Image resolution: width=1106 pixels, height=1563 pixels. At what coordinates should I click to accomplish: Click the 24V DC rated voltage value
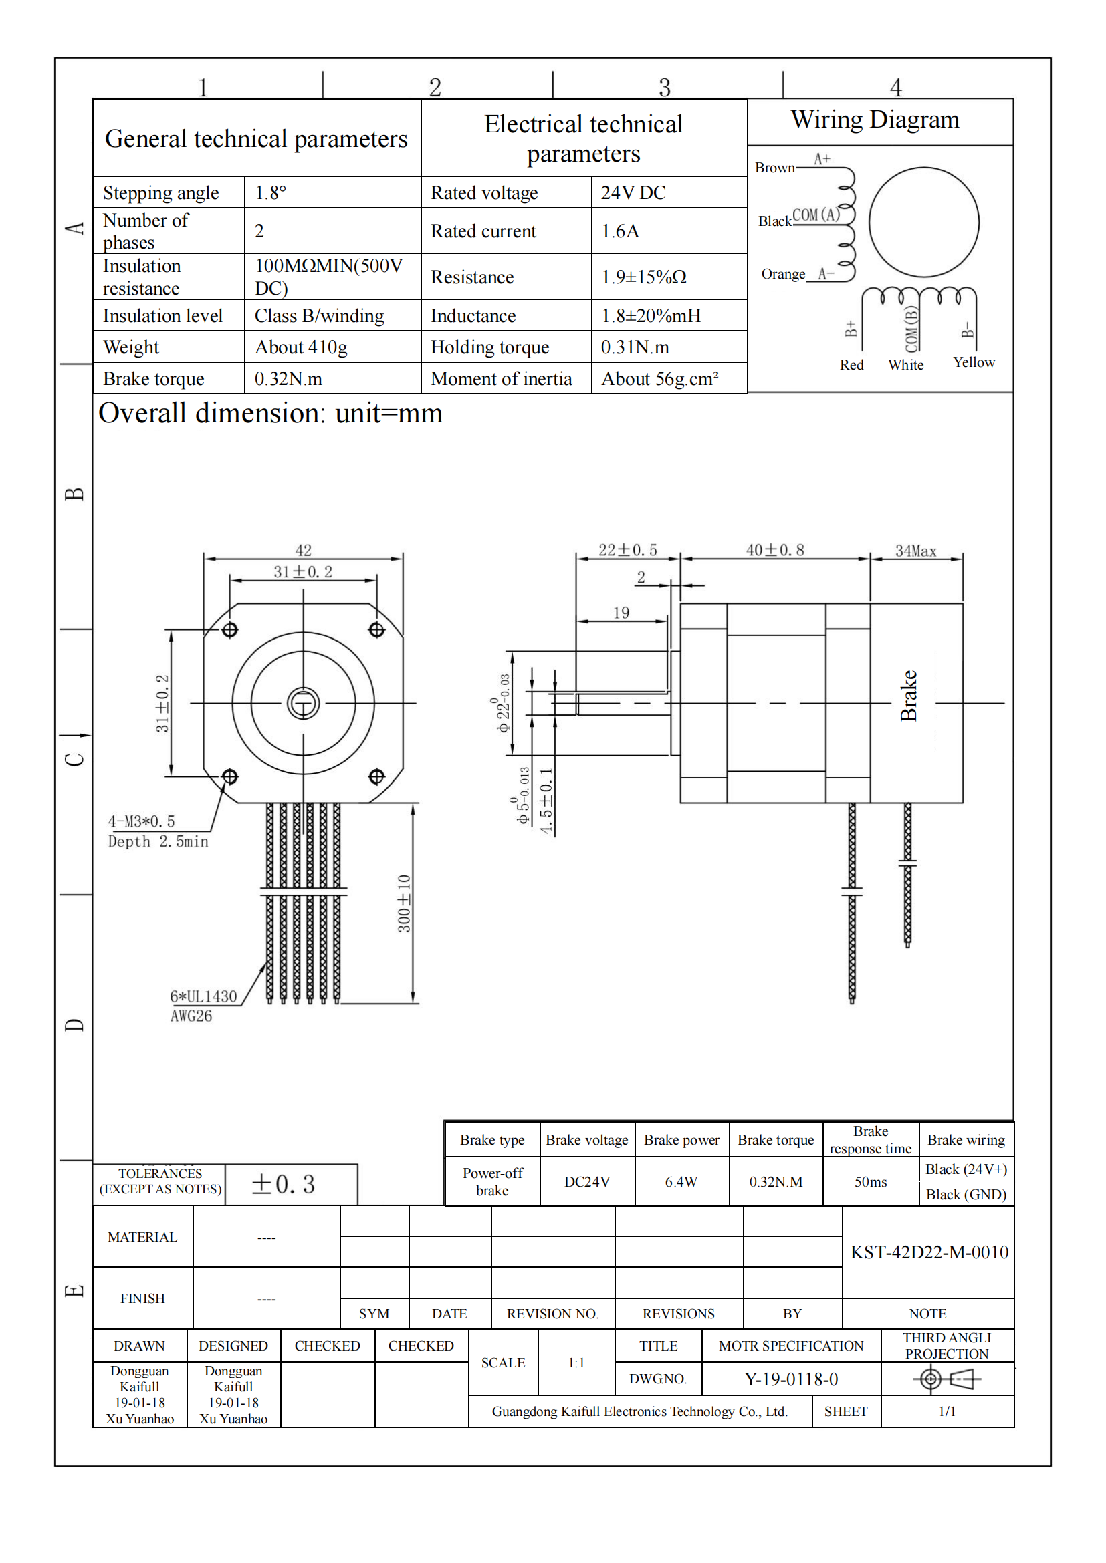(x=633, y=192)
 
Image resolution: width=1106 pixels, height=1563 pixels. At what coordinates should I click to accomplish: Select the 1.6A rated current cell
(x=620, y=231)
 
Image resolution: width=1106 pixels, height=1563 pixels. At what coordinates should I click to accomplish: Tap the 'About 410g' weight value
(x=301, y=347)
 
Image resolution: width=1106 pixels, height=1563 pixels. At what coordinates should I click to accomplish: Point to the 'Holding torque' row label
(x=489, y=347)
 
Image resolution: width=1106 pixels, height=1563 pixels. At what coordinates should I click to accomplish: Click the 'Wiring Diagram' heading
(x=875, y=120)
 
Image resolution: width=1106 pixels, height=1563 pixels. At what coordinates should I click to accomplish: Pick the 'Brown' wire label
(x=774, y=168)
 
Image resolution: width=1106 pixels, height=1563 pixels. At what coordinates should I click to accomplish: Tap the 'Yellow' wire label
(x=973, y=362)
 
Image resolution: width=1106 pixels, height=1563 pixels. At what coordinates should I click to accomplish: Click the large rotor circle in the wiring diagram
(x=923, y=222)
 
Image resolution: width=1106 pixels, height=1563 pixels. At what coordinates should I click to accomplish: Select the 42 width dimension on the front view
(x=303, y=549)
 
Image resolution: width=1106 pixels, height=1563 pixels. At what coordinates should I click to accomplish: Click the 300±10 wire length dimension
(x=404, y=903)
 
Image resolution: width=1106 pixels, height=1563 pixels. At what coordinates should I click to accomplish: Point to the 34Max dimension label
(x=915, y=551)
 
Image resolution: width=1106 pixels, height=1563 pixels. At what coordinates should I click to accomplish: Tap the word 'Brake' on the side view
(x=909, y=695)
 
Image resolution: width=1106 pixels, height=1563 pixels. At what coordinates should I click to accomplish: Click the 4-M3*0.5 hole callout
(x=141, y=821)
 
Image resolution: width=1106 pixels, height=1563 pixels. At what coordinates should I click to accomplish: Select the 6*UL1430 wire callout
(x=203, y=996)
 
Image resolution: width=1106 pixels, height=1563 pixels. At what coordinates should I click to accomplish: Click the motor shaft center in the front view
(x=303, y=703)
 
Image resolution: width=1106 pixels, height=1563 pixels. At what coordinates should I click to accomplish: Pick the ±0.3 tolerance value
(x=284, y=1185)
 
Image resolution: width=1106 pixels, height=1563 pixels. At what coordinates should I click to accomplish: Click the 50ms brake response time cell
(x=871, y=1182)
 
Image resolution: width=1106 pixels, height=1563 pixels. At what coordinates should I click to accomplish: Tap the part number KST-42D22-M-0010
(x=929, y=1252)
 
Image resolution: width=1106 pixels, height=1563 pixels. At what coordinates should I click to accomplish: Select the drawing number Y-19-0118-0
(x=790, y=1379)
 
